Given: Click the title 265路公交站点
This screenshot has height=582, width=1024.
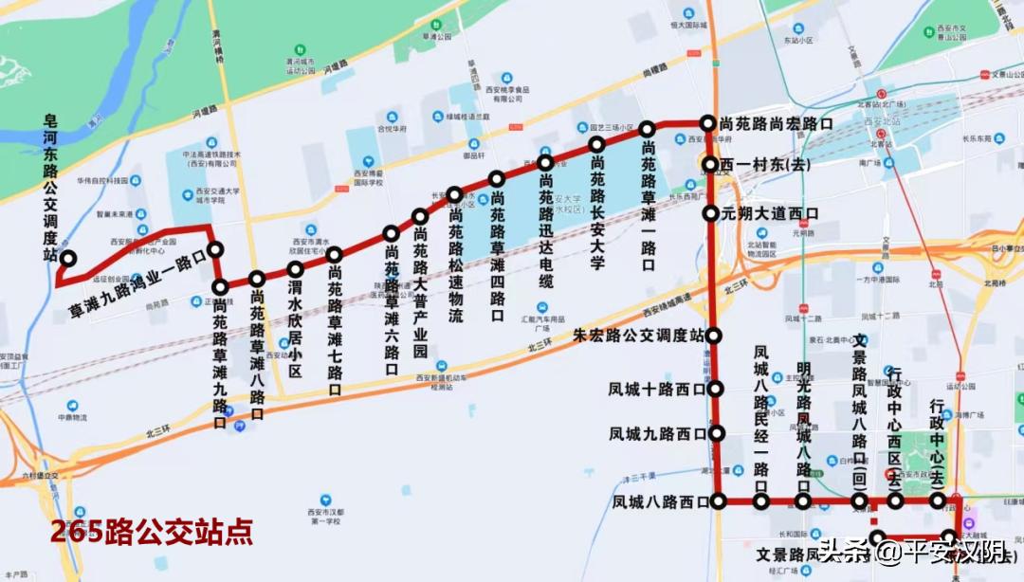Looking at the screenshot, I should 152,533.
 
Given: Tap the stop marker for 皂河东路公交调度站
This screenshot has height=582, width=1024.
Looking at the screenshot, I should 68,258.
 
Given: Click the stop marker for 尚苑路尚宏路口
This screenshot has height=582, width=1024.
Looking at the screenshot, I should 707,123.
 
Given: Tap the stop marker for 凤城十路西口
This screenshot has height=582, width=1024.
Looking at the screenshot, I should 716,389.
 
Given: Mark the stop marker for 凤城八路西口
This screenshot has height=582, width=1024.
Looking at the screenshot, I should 718,500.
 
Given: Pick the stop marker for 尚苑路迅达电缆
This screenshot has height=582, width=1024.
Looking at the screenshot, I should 545,163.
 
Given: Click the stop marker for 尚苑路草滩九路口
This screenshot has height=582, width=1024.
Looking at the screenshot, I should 220,287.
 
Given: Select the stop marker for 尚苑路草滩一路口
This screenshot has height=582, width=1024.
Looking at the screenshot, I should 648,129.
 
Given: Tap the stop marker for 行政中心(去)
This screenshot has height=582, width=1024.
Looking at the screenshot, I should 938,500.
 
